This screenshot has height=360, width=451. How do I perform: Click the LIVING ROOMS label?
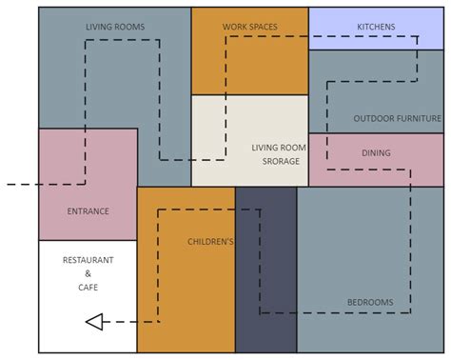click(115, 28)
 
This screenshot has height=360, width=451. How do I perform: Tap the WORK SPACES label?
click(250, 28)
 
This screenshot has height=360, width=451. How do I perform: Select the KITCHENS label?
click(376, 28)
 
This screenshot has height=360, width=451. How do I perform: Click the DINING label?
click(376, 152)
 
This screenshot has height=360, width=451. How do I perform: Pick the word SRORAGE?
click(282, 161)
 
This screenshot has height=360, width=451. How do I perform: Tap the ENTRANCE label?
click(88, 211)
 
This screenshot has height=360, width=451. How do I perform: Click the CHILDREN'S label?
click(210, 242)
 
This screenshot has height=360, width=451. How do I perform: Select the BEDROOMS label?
click(370, 303)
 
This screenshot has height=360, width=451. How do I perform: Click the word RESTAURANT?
click(88, 260)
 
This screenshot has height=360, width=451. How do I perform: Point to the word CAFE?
click(88, 287)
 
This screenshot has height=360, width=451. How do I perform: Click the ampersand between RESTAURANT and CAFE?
click(88, 273)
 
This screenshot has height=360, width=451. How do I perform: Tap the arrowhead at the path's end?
click(94, 322)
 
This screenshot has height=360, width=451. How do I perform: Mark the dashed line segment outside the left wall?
click(21, 184)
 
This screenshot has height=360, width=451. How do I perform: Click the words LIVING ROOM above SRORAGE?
click(279, 148)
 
